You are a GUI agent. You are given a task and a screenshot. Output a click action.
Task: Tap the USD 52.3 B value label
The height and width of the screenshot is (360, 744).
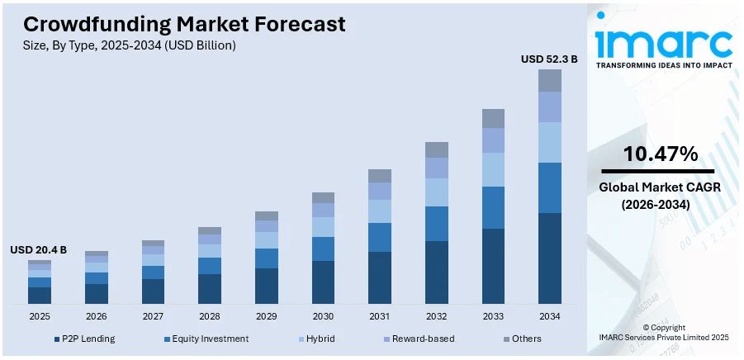(x=549, y=59)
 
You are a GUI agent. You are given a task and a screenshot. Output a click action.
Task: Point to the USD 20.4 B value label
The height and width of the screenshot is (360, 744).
(x=39, y=249)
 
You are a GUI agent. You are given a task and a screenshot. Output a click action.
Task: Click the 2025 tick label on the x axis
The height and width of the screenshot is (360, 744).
(x=40, y=316)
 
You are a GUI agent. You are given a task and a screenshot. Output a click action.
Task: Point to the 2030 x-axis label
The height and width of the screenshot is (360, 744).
(x=323, y=316)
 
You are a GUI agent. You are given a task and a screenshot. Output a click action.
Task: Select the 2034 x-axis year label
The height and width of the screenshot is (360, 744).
(x=550, y=316)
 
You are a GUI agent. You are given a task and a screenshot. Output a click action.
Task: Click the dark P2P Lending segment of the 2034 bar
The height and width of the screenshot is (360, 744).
(x=550, y=258)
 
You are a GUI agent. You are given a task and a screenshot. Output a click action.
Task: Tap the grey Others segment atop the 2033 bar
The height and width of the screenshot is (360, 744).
(x=493, y=118)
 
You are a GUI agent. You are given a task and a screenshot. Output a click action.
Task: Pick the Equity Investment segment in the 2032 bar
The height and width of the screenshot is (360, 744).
(x=437, y=224)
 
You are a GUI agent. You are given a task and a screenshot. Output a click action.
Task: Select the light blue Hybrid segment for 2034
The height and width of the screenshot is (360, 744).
(x=550, y=142)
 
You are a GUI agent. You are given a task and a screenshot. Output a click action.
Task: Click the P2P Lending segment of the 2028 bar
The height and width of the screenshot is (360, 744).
(x=210, y=289)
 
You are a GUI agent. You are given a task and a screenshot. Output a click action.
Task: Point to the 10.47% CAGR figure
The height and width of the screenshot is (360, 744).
(x=660, y=154)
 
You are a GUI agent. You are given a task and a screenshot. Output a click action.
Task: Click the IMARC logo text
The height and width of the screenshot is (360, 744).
(x=664, y=42)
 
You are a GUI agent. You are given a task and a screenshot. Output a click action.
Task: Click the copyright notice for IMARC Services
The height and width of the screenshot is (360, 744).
(x=664, y=333)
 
